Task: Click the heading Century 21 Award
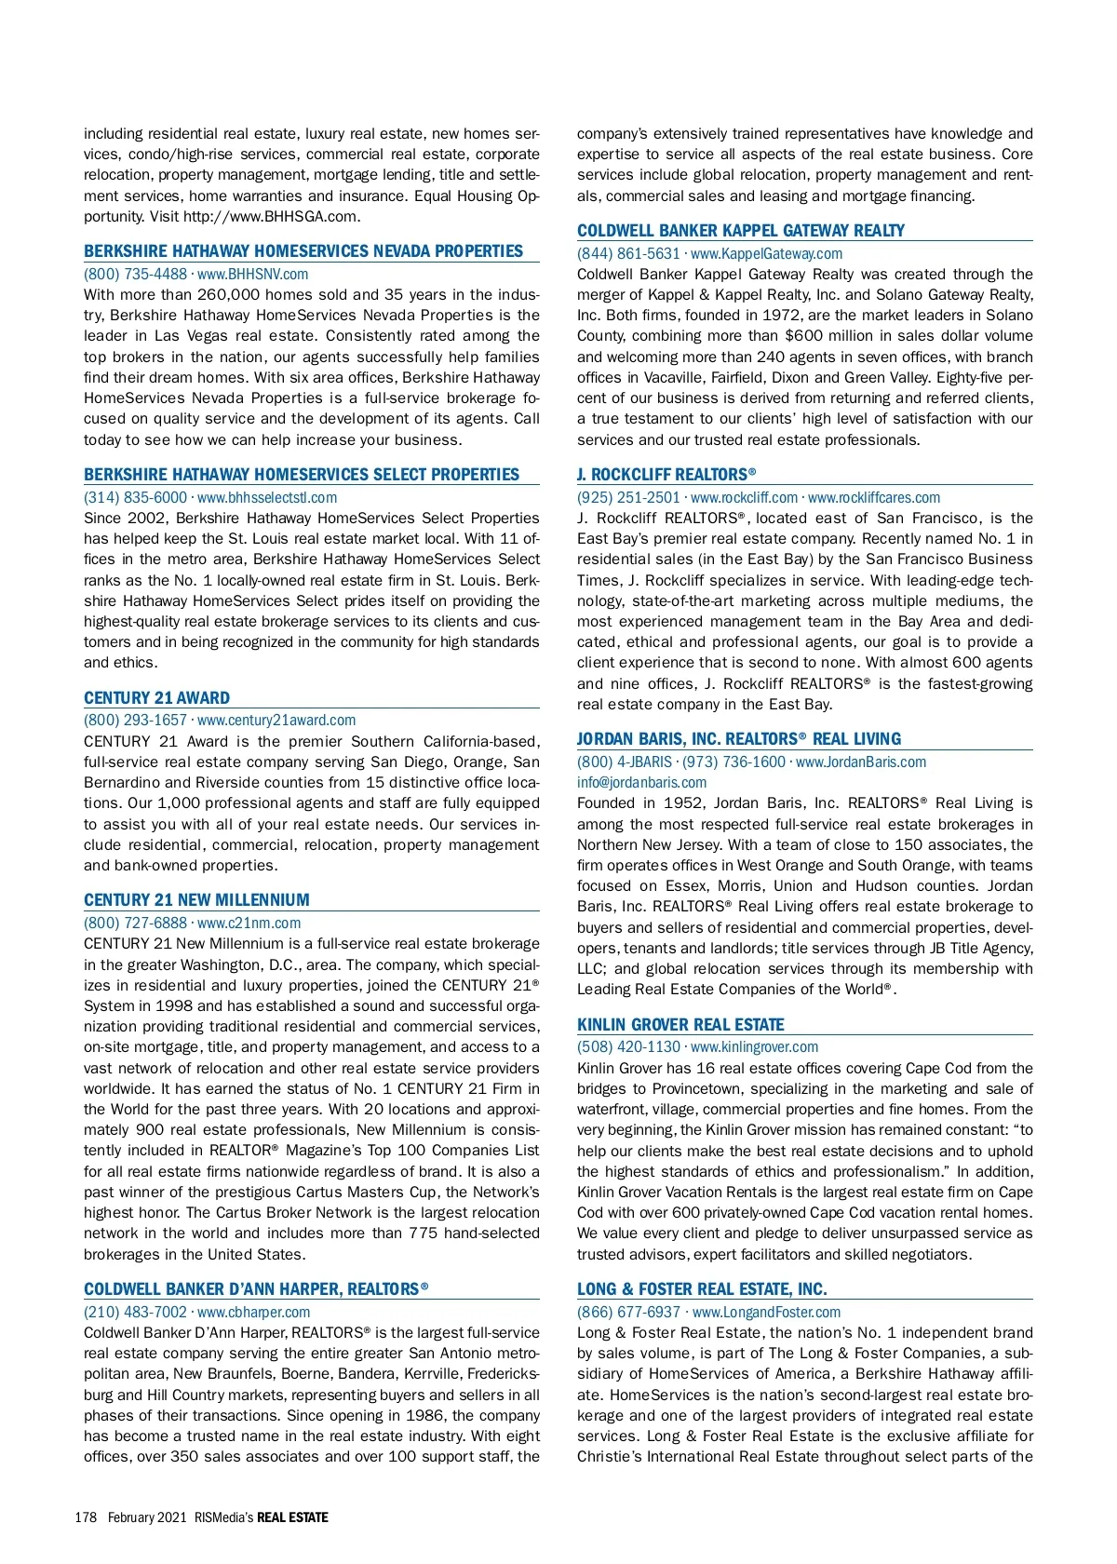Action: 156,698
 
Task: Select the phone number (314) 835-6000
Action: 135,498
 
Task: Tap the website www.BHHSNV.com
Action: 252,275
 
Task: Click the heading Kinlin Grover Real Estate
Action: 680,1025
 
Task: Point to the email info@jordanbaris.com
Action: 641,783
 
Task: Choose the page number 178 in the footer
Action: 86,1517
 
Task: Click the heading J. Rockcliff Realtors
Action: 666,475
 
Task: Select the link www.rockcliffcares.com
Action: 874,498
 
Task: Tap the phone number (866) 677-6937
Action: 628,1313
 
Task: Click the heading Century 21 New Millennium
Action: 196,900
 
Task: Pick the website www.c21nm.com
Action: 249,924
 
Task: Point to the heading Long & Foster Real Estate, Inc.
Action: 702,1289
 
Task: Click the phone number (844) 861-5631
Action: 628,254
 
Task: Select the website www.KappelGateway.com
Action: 766,254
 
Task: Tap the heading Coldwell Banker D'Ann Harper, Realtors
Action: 256,1289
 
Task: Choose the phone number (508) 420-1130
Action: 628,1047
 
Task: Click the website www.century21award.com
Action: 276,721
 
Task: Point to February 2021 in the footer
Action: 147,1517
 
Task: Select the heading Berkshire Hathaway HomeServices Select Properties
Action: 302,475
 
